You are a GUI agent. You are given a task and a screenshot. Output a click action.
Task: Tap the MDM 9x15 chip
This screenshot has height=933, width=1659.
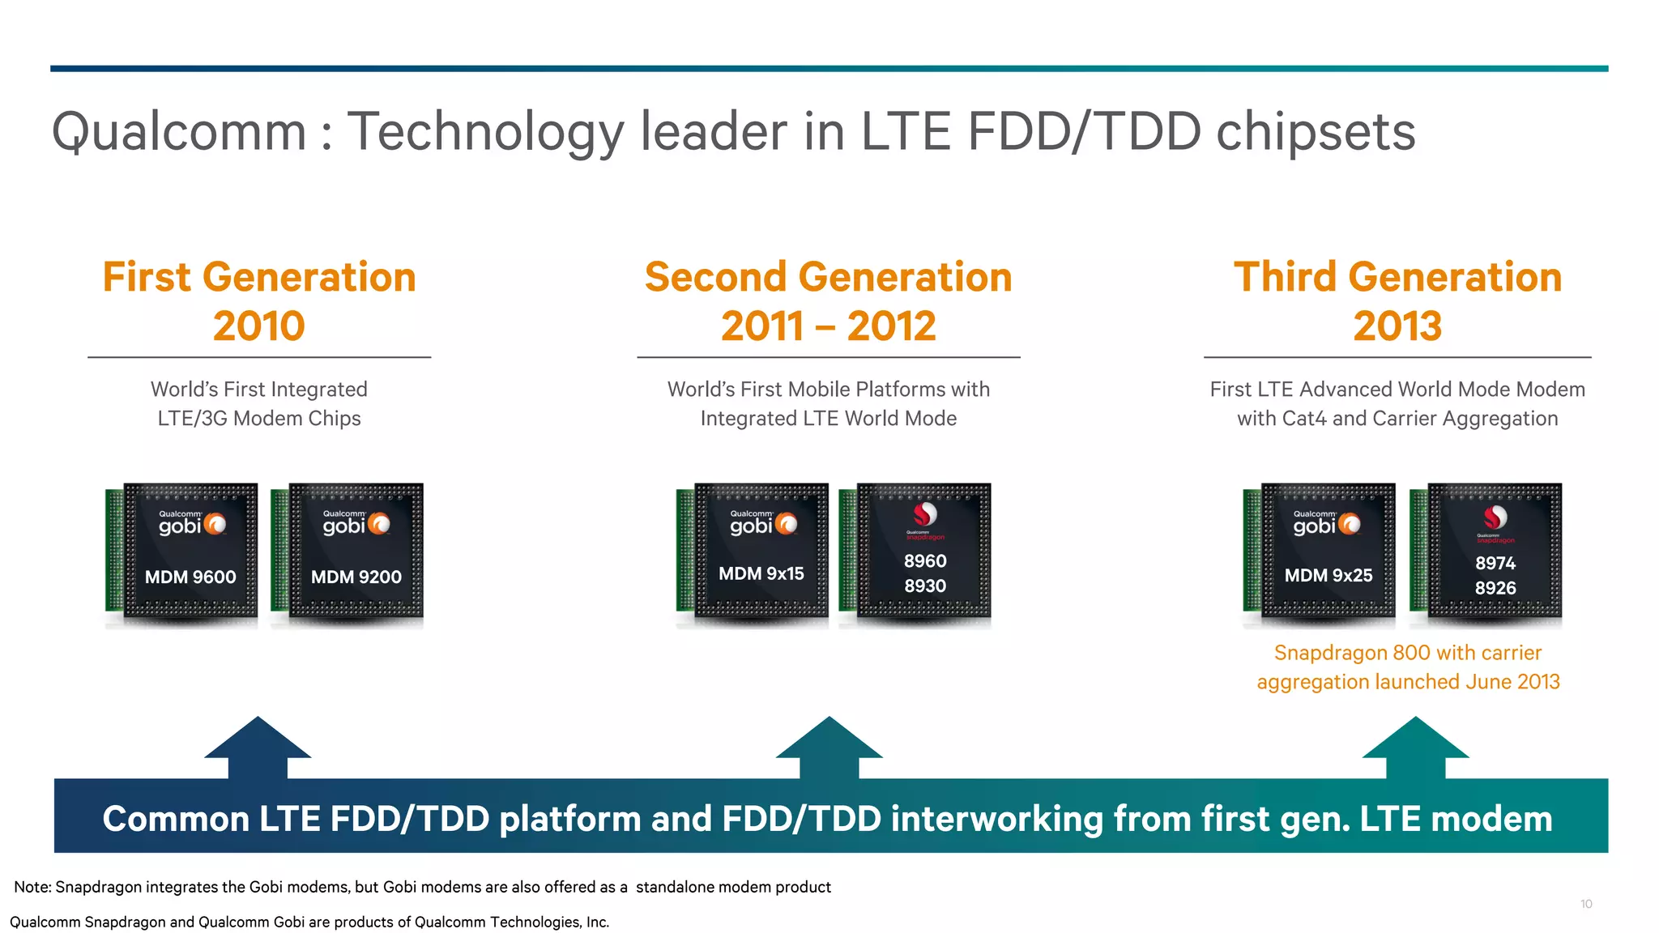[761, 552]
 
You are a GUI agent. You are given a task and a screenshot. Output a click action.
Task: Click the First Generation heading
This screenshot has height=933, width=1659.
[259, 277]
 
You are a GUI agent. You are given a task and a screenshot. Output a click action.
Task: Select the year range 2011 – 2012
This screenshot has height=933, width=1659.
[828, 326]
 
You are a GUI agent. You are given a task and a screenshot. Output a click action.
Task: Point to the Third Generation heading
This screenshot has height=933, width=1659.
[1397, 277]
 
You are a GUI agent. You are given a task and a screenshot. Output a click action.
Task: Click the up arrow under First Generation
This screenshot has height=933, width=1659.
[258, 746]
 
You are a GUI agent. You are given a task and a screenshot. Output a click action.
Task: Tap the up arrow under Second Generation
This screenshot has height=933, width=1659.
[829, 746]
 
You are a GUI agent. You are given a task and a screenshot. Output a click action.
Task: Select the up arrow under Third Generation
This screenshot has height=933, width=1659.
[1415, 746]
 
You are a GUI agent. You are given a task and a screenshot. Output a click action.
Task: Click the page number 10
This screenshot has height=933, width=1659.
[1586, 904]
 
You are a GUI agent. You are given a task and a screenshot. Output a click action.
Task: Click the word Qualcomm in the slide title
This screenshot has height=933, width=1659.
[179, 132]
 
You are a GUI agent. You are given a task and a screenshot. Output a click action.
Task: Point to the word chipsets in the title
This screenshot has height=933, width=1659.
[1316, 132]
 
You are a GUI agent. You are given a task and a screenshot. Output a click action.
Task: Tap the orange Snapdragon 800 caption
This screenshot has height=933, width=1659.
[1408, 667]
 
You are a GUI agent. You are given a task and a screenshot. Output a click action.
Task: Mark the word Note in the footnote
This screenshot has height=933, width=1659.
[32, 887]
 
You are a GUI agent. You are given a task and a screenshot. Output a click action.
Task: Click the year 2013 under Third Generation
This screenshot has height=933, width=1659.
[1397, 326]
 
